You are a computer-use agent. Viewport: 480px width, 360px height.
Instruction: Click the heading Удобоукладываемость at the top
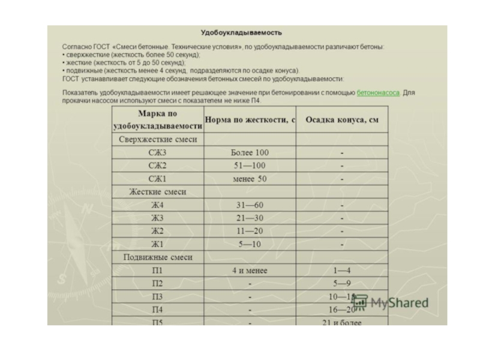(241, 32)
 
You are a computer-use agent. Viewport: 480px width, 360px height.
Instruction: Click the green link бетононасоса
(378, 93)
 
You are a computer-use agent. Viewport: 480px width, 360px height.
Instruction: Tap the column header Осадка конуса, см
(342, 120)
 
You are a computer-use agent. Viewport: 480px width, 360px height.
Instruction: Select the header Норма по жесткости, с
(250, 120)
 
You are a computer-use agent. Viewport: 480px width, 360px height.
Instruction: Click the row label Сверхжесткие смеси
(158, 139)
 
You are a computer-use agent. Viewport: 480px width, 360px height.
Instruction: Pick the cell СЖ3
(158, 152)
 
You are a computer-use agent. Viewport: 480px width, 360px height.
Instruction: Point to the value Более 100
(250, 152)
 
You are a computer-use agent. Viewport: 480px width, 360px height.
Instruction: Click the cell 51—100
(250, 166)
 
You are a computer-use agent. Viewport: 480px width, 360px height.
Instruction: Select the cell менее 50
(250, 179)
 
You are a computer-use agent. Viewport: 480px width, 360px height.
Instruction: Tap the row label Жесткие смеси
(158, 192)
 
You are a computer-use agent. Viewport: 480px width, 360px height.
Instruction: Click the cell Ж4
(158, 205)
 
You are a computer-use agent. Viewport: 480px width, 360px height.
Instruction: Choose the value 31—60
(250, 205)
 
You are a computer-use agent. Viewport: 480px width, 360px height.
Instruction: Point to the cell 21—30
(250, 218)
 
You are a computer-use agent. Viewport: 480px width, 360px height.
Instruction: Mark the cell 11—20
(250, 231)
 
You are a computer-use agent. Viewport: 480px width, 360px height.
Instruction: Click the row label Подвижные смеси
(158, 257)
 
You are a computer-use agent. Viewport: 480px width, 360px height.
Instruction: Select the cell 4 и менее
(250, 271)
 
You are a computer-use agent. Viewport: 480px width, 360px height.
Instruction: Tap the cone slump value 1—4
(342, 271)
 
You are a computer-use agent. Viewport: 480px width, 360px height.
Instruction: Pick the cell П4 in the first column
(158, 310)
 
